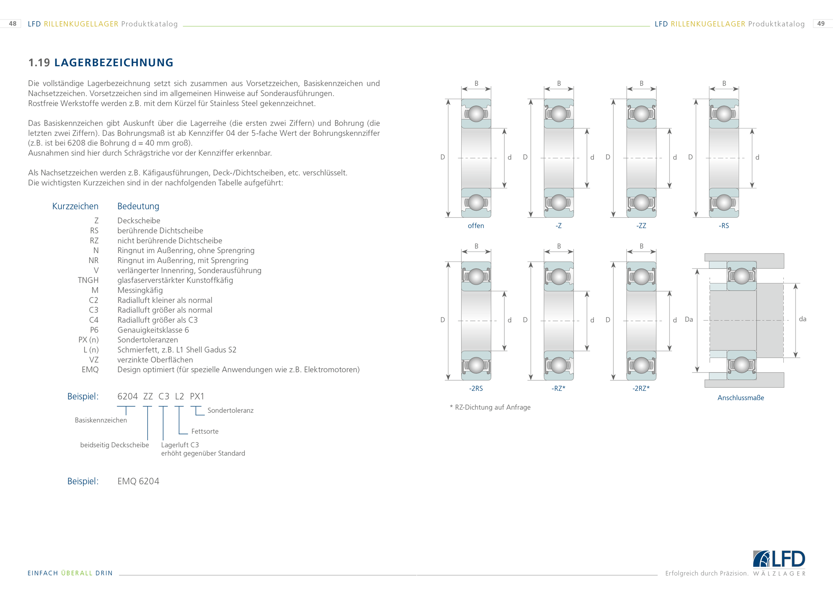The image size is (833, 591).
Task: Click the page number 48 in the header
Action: (13, 24)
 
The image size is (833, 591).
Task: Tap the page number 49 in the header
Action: (821, 24)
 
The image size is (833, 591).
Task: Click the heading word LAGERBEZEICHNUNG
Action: (114, 63)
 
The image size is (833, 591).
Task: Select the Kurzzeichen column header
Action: (75, 206)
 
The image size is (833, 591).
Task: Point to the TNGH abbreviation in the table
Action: (88, 280)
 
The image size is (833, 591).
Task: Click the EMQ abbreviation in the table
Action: (90, 370)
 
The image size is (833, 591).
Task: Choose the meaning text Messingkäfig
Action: (140, 290)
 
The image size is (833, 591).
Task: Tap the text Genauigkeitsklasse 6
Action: (153, 330)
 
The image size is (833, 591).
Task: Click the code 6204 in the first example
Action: (127, 396)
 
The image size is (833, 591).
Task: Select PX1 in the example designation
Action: (197, 396)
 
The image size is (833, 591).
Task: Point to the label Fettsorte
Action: (205, 432)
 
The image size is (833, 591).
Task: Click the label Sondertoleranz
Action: (230, 410)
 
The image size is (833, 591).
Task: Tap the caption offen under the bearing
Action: (476, 226)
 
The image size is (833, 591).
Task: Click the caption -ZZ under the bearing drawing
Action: (641, 226)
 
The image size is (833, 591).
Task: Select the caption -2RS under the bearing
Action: (476, 388)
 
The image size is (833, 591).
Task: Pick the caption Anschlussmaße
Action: (741, 398)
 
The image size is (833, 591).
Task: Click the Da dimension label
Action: (689, 320)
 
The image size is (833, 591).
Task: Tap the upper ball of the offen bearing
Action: (476, 113)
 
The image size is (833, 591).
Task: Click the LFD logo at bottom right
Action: (779, 559)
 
